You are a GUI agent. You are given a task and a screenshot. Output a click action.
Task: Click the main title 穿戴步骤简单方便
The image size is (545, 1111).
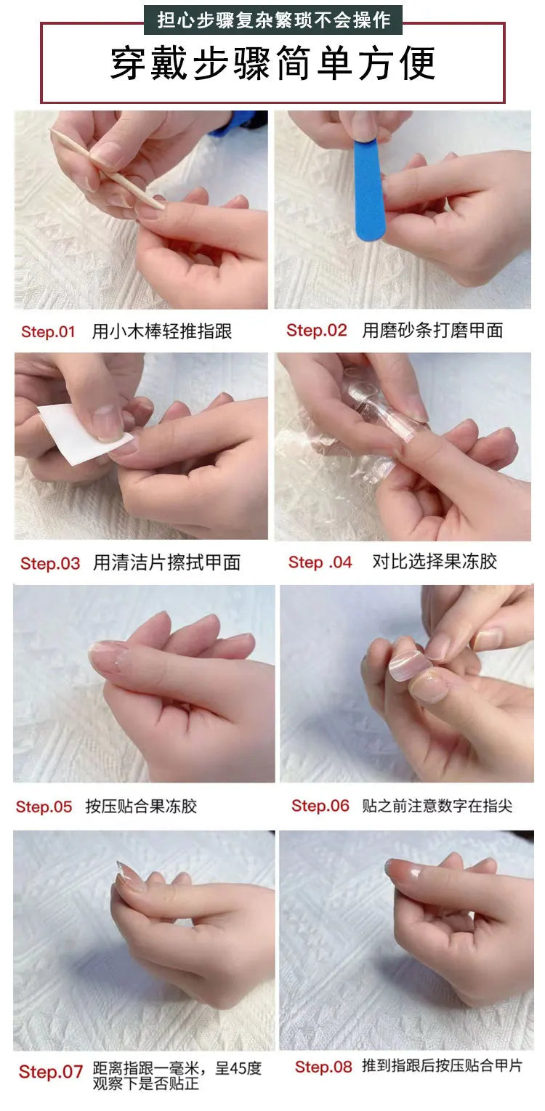[272, 64]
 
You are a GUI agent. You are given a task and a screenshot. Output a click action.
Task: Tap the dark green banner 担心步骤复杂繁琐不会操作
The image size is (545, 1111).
[272, 20]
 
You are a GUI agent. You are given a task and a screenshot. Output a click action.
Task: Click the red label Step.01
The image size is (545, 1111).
[48, 332]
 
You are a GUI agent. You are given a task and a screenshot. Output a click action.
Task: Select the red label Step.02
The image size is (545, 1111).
[317, 331]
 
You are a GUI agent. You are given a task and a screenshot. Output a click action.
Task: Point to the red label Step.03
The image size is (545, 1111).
[50, 563]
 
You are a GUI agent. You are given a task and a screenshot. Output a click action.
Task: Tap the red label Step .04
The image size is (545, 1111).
[320, 562]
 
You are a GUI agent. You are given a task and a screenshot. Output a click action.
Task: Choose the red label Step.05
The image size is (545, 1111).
[44, 807]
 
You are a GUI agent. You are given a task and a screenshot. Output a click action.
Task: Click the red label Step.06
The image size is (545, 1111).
[320, 806]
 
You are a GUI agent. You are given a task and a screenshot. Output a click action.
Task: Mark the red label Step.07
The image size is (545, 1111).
[51, 1072]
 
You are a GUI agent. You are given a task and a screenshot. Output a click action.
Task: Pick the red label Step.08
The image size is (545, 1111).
[323, 1067]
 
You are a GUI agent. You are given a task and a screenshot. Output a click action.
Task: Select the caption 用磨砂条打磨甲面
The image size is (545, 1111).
[432, 331]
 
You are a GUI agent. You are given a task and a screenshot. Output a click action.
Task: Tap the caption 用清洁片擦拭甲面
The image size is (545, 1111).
[166, 563]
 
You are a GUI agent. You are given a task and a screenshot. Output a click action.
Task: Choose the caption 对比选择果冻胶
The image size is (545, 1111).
[435, 562]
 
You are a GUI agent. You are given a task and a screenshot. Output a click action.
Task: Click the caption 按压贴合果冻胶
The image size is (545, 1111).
[141, 807]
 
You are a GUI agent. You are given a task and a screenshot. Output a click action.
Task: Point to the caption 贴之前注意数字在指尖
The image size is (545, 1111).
[437, 806]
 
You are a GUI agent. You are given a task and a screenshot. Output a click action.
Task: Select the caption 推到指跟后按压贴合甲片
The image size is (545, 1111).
[442, 1067]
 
